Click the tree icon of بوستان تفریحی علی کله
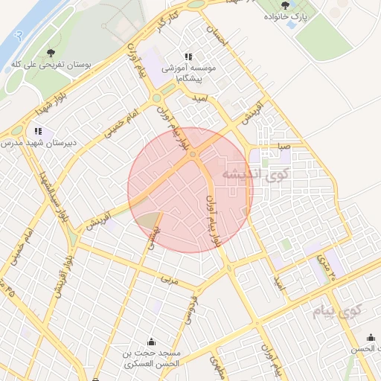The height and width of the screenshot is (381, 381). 51,53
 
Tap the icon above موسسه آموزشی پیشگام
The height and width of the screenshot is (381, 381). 188,57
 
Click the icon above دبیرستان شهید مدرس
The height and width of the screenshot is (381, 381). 39,132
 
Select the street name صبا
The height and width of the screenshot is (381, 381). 283,147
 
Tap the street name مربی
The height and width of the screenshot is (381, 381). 170,281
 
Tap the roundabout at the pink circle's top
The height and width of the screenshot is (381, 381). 193,154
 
